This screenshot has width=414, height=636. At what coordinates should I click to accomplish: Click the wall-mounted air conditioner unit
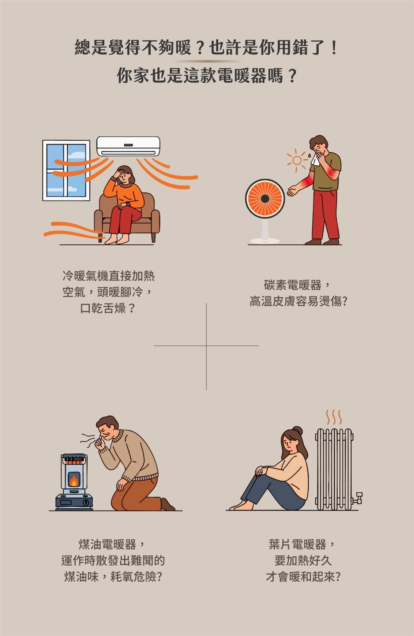click(128, 146)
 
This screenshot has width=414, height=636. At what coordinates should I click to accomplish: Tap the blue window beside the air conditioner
click(66, 170)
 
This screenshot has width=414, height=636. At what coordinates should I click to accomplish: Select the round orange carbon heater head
click(265, 198)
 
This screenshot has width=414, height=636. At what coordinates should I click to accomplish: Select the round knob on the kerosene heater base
click(85, 502)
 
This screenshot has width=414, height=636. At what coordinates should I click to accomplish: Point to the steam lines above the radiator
click(334, 417)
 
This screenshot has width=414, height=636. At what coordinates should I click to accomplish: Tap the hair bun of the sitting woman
click(298, 431)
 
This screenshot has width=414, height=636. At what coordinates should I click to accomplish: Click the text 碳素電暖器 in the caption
click(292, 285)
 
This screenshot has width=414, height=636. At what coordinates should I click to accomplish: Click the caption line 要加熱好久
click(303, 560)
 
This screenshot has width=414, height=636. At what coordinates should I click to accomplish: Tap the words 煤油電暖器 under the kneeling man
click(107, 544)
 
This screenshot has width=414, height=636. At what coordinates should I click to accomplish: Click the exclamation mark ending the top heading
click(334, 48)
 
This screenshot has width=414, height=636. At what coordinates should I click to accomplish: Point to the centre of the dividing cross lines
click(206, 346)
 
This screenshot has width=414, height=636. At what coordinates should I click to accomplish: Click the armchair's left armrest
click(98, 221)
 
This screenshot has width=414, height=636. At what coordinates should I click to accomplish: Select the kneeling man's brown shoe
click(167, 504)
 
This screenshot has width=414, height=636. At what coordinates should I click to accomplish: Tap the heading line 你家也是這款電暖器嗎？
click(207, 76)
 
